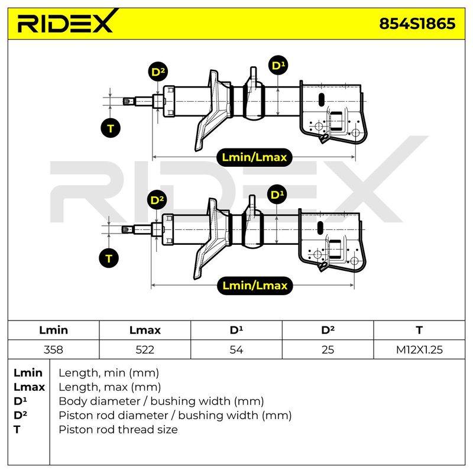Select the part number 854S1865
pos(417,24)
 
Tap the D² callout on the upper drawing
pos(158,72)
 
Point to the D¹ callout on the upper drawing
pos(278,65)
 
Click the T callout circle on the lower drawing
pos(109,258)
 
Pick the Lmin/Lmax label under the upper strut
pos(254,157)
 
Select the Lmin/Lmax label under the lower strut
pos(255,286)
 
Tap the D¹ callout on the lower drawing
pos(277,195)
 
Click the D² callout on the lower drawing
pos(157,200)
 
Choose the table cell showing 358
pos(53,349)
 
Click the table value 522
pos(145,349)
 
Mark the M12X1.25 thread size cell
pos(419,349)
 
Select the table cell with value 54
pos(236,349)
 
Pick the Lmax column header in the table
pos(145,330)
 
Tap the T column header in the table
pos(419,330)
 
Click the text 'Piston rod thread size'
pos(118,429)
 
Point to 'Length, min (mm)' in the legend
pos(109,373)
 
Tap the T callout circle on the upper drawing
pos(111,128)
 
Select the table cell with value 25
pos(328,349)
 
